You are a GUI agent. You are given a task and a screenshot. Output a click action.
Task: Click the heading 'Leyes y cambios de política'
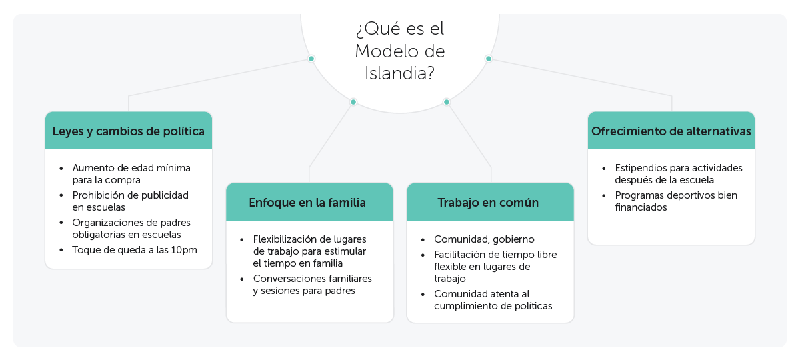click(x=129, y=131)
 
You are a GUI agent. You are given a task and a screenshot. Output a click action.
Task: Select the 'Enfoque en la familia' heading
click(x=307, y=203)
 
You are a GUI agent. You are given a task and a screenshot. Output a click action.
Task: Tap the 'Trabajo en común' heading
click(x=488, y=203)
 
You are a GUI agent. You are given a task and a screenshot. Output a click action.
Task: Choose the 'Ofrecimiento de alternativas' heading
click(x=671, y=131)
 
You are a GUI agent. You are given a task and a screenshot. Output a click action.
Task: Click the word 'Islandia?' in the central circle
click(x=399, y=73)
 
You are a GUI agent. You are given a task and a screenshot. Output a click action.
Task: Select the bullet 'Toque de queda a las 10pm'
click(x=135, y=250)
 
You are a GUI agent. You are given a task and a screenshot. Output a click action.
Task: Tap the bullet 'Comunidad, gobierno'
click(x=484, y=239)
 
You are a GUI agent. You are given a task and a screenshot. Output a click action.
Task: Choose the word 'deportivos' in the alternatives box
click(x=692, y=196)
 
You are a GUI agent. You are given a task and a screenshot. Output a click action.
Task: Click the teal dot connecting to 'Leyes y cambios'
click(x=311, y=59)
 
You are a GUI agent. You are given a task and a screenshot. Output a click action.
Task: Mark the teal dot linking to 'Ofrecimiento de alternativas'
click(x=489, y=59)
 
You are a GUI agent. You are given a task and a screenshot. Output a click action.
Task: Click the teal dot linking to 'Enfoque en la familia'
click(x=353, y=102)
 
